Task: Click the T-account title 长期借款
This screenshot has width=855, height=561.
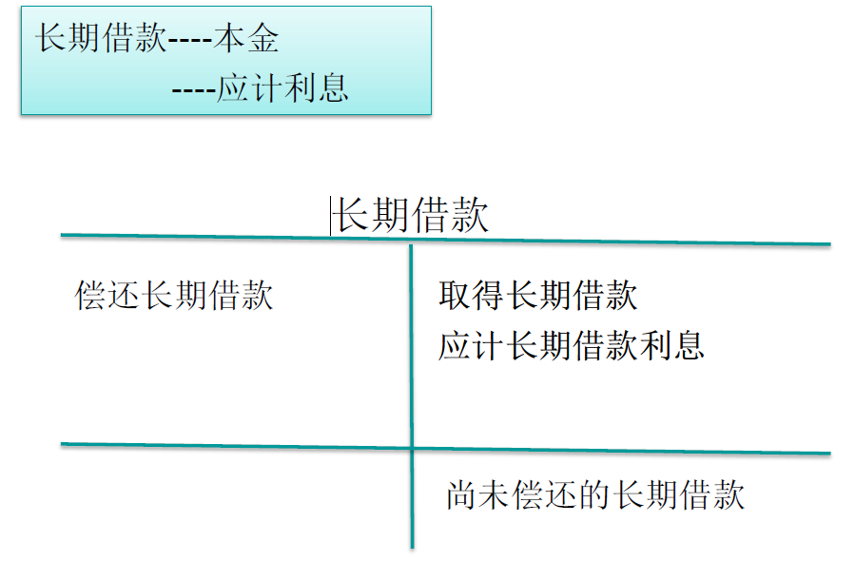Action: [x=412, y=216]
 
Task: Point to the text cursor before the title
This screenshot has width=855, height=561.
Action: [x=331, y=216]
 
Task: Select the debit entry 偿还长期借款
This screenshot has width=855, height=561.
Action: [x=174, y=296]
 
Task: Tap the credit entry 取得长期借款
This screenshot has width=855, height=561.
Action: [x=537, y=296]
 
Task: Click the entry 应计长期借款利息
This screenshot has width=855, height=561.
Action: [x=571, y=345]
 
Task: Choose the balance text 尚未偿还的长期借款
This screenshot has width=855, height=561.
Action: [x=594, y=495]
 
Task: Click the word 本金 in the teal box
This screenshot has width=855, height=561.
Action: [x=246, y=39]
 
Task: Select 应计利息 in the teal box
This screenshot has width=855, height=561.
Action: [x=282, y=87]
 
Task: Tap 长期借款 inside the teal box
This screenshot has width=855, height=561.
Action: [x=101, y=39]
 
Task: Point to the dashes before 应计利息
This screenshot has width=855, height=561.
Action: [x=194, y=88]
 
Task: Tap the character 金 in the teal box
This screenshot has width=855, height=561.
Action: [x=263, y=39]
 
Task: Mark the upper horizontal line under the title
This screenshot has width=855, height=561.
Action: [x=238, y=237]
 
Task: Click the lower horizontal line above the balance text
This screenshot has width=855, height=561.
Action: [x=238, y=445]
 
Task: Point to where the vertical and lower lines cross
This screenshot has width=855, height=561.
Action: [x=412, y=448]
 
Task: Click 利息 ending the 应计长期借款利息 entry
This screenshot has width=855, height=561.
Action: [x=671, y=345]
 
